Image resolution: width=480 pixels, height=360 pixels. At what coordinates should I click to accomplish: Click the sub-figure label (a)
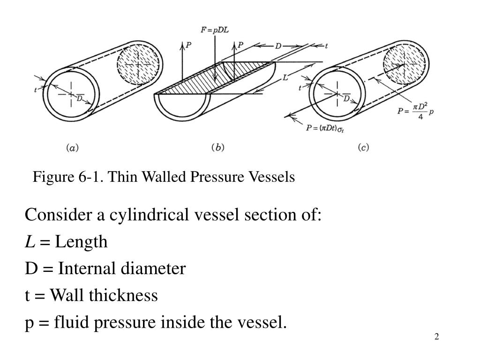[72, 147]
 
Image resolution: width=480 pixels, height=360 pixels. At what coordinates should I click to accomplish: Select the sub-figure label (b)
[218, 147]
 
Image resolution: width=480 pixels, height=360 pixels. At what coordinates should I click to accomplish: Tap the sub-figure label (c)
[363, 147]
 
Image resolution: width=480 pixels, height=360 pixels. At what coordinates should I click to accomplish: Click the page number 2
[436, 337]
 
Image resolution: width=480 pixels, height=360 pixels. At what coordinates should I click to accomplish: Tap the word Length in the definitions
[81, 242]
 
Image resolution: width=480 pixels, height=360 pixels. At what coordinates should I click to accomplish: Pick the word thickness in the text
[127, 296]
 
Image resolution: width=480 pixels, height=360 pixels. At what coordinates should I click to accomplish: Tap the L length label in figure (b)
[285, 79]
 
